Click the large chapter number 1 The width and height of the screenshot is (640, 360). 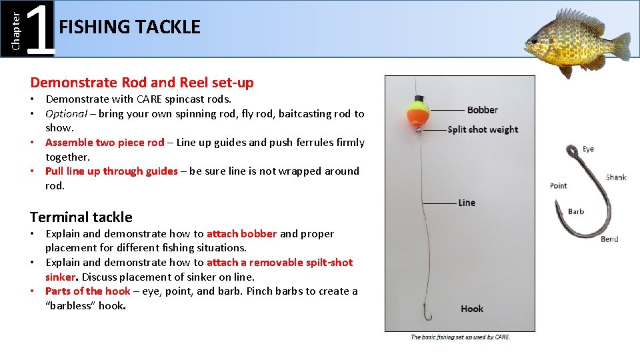(x=43, y=29)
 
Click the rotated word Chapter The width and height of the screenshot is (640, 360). (x=17, y=27)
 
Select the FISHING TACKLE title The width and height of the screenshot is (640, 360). (x=129, y=27)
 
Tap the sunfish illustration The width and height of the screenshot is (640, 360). (x=577, y=41)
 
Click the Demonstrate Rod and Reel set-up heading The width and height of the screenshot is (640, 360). (x=142, y=83)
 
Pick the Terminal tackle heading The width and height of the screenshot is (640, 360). (x=81, y=217)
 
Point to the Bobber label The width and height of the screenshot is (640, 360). (x=482, y=110)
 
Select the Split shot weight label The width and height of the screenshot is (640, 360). (x=483, y=129)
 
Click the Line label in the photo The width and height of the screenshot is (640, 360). (x=467, y=203)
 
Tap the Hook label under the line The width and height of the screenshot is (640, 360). (x=472, y=309)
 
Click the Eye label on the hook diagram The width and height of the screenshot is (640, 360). (x=588, y=149)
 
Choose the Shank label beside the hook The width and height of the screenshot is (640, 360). (x=616, y=177)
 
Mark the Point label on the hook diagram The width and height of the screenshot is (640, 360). (x=559, y=185)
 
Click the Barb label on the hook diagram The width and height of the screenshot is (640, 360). (x=576, y=212)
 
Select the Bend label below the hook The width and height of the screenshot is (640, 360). (x=609, y=239)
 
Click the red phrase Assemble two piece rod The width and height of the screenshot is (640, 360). (x=105, y=142)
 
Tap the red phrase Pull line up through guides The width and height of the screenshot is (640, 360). (x=111, y=171)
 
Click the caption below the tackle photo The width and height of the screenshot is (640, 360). (x=460, y=337)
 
